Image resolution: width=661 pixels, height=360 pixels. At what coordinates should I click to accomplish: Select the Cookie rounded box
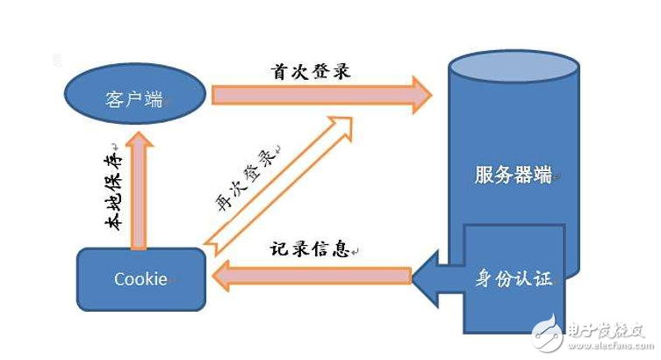[x=141, y=278]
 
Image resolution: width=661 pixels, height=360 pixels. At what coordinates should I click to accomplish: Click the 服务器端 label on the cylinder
[x=512, y=174]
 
